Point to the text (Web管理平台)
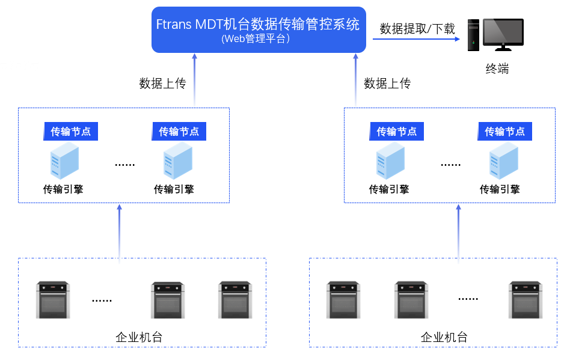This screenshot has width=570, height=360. [x=258, y=39]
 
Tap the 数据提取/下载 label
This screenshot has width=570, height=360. [x=417, y=28]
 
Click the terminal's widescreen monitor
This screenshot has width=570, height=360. [x=503, y=35]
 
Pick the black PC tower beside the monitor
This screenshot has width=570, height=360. [x=473, y=35]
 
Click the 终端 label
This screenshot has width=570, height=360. [x=497, y=69]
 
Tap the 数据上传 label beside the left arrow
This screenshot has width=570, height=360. [x=162, y=84]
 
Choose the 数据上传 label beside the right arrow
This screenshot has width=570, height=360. [x=387, y=84]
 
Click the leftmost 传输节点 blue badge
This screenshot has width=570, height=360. [x=71, y=131]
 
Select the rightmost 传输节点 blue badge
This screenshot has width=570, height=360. [x=505, y=131]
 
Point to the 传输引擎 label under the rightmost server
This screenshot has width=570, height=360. [x=499, y=189]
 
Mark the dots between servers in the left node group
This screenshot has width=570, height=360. [x=124, y=164]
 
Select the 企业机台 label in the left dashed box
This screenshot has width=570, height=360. [x=139, y=337]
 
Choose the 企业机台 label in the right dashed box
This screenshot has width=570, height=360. [x=444, y=337]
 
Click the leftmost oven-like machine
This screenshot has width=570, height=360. [x=53, y=299]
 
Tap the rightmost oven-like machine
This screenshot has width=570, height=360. [x=526, y=299]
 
